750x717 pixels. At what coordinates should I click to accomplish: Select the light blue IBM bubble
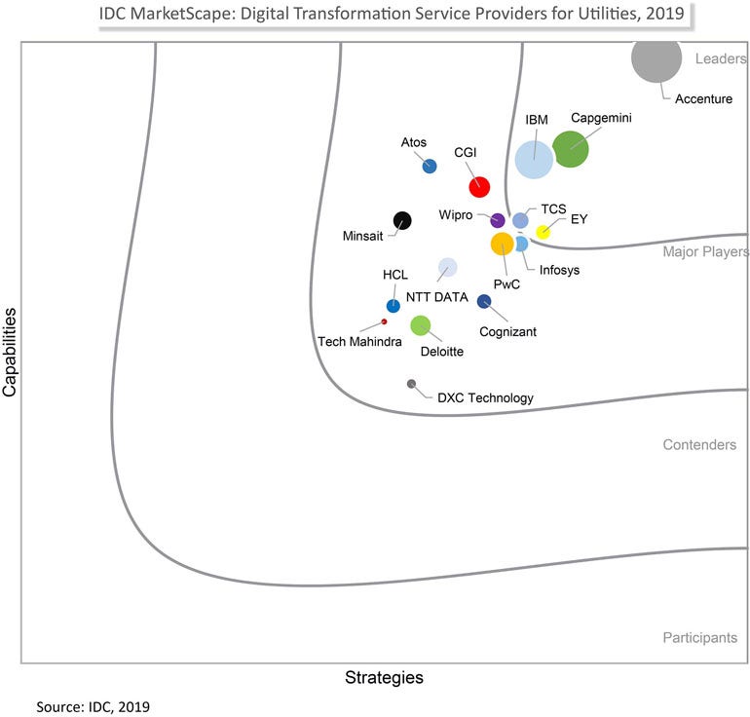click(534, 159)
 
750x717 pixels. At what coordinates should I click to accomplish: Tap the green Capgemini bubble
click(571, 149)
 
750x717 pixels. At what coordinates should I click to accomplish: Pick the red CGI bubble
click(479, 186)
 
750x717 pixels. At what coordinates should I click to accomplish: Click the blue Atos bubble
click(430, 166)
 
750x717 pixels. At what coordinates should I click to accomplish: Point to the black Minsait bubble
click(401, 220)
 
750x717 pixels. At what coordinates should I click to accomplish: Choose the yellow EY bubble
click(544, 232)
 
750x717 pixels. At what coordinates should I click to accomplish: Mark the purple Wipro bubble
click(497, 220)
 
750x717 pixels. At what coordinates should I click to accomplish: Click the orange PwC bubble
click(502, 244)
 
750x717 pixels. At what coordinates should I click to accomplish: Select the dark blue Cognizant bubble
click(484, 301)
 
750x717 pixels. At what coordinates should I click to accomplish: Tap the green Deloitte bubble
click(420, 325)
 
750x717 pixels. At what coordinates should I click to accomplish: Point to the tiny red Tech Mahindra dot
click(384, 321)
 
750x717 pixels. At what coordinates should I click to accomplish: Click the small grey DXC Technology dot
click(411, 384)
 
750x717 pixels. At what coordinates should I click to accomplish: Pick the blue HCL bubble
click(393, 306)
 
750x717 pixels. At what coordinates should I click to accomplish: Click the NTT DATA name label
click(437, 297)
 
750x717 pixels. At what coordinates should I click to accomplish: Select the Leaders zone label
click(720, 58)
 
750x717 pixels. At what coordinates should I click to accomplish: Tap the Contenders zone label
click(699, 445)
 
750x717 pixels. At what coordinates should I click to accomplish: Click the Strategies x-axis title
click(385, 677)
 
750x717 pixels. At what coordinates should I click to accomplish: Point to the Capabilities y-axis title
click(11, 352)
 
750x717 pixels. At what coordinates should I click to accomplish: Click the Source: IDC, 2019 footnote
click(94, 705)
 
